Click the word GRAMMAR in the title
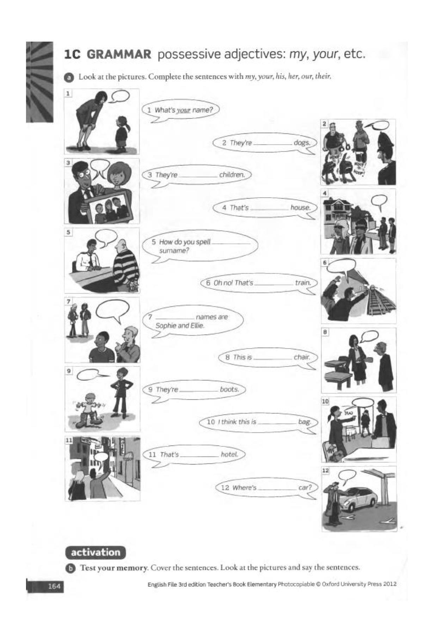click(119, 55)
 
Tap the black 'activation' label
click(95, 552)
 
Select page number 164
click(54, 586)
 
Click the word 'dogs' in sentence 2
click(302, 143)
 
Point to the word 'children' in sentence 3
click(232, 174)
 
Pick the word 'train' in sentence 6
click(303, 283)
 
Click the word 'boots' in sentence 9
click(229, 389)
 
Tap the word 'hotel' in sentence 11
click(229, 455)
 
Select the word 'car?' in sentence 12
click(305, 488)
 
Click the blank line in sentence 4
click(269, 210)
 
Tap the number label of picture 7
click(69, 301)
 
